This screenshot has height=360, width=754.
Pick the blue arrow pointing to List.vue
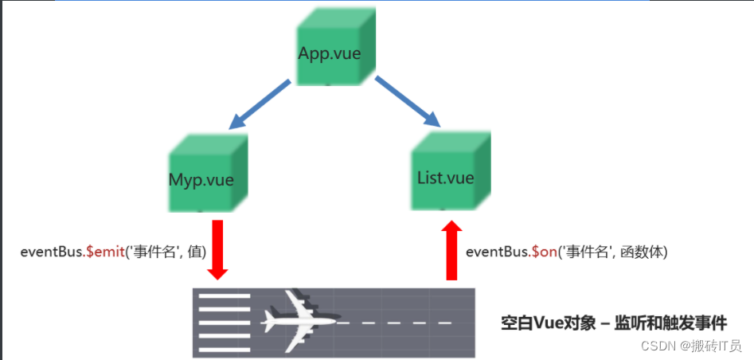coord(408,101)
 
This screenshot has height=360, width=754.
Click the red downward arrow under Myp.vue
coord(217,249)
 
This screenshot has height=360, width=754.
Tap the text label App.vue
coord(328,54)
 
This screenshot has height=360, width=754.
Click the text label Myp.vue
coord(201,180)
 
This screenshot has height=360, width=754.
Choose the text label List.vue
coord(446,177)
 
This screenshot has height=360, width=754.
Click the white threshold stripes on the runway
coord(224,323)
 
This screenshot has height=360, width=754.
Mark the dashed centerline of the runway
coord(398,323)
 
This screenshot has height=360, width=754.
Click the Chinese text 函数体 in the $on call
coord(641,252)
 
